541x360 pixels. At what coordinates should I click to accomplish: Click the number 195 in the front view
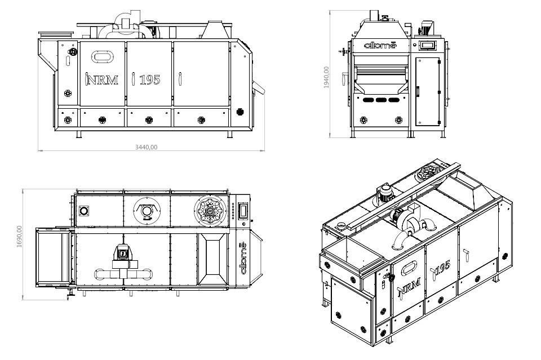click(149, 80)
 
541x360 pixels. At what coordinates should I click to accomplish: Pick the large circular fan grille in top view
click(210, 211)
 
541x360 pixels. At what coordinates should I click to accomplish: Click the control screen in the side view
click(428, 45)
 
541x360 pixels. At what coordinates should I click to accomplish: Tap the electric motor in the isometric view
click(385, 193)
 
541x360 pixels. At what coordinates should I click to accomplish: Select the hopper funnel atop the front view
click(214, 30)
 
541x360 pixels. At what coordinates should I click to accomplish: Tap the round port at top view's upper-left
click(85, 211)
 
